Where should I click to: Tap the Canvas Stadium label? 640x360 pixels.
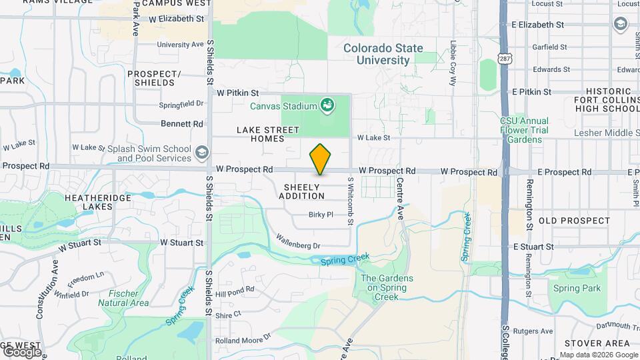pyautogui.click(x=283, y=105)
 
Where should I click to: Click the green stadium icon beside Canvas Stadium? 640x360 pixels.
pyautogui.click(x=327, y=105)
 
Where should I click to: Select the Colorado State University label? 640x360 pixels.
pyautogui.click(x=383, y=54)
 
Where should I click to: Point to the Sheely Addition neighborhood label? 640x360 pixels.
pyautogui.click(x=301, y=191)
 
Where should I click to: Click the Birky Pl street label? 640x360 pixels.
pyautogui.click(x=321, y=215)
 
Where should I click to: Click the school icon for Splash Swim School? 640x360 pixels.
pyautogui.click(x=201, y=153)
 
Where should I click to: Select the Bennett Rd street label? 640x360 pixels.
pyautogui.click(x=182, y=124)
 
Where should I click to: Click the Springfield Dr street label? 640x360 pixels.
pyautogui.click(x=181, y=104)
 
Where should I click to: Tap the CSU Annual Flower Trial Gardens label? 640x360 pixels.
pyautogui.click(x=524, y=130)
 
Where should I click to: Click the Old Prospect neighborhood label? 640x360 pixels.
pyautogui.click(x=574, y=221)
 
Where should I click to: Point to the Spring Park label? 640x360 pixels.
pyautogui.click(x=576, y=289)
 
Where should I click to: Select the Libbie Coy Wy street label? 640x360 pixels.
pyautogui.click(x=453, y=67)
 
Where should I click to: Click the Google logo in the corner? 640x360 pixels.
pyautogui.click(x=22, y=351)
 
